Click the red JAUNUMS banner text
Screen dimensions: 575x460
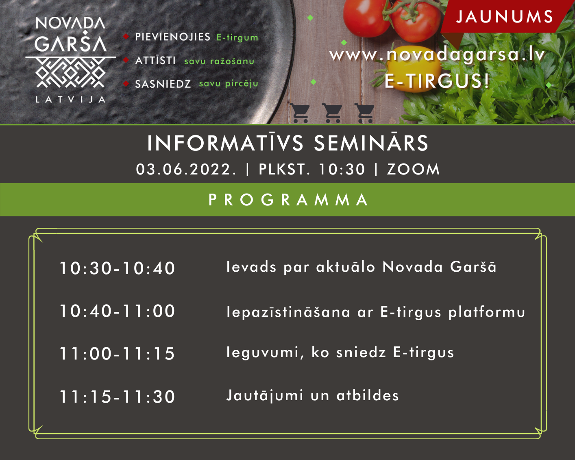pos(505,17)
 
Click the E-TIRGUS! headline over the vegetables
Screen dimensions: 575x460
pos(437,81)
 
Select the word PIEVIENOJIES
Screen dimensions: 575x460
pos(172,37)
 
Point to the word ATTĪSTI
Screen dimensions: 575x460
pos(155,60)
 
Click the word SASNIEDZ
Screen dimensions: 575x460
pos(163,84)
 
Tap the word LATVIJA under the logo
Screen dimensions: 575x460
pos(70,100)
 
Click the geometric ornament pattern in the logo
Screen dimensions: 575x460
pos(70,72)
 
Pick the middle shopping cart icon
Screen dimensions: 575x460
pos(332,113)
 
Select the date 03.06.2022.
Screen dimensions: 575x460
pos(186,170)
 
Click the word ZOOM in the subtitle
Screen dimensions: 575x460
pos(413,170)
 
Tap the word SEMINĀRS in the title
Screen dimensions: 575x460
pos(371,143)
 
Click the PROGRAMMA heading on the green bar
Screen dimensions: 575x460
pos(288,200)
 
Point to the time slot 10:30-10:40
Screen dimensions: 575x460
pos(117,268)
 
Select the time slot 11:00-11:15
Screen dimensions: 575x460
pos(117,353)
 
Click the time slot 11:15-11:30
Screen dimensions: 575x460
pos(117,397)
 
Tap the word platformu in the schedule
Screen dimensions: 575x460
pos(487,312)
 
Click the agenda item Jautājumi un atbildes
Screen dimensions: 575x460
pos(313,396)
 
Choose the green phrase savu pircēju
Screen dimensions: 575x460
pos(229,84)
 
